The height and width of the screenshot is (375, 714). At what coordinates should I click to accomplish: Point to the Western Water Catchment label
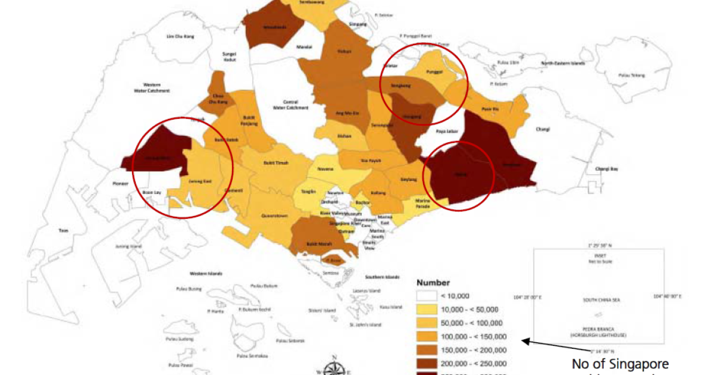[152, 87]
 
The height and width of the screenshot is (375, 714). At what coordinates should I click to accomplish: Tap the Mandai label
[304, 45]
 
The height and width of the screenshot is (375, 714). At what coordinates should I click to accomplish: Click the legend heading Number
[433, 283]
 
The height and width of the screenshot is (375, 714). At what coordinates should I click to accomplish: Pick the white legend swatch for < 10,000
[426, 296]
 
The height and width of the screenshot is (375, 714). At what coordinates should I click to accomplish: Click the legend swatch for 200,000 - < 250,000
[426, 363]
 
